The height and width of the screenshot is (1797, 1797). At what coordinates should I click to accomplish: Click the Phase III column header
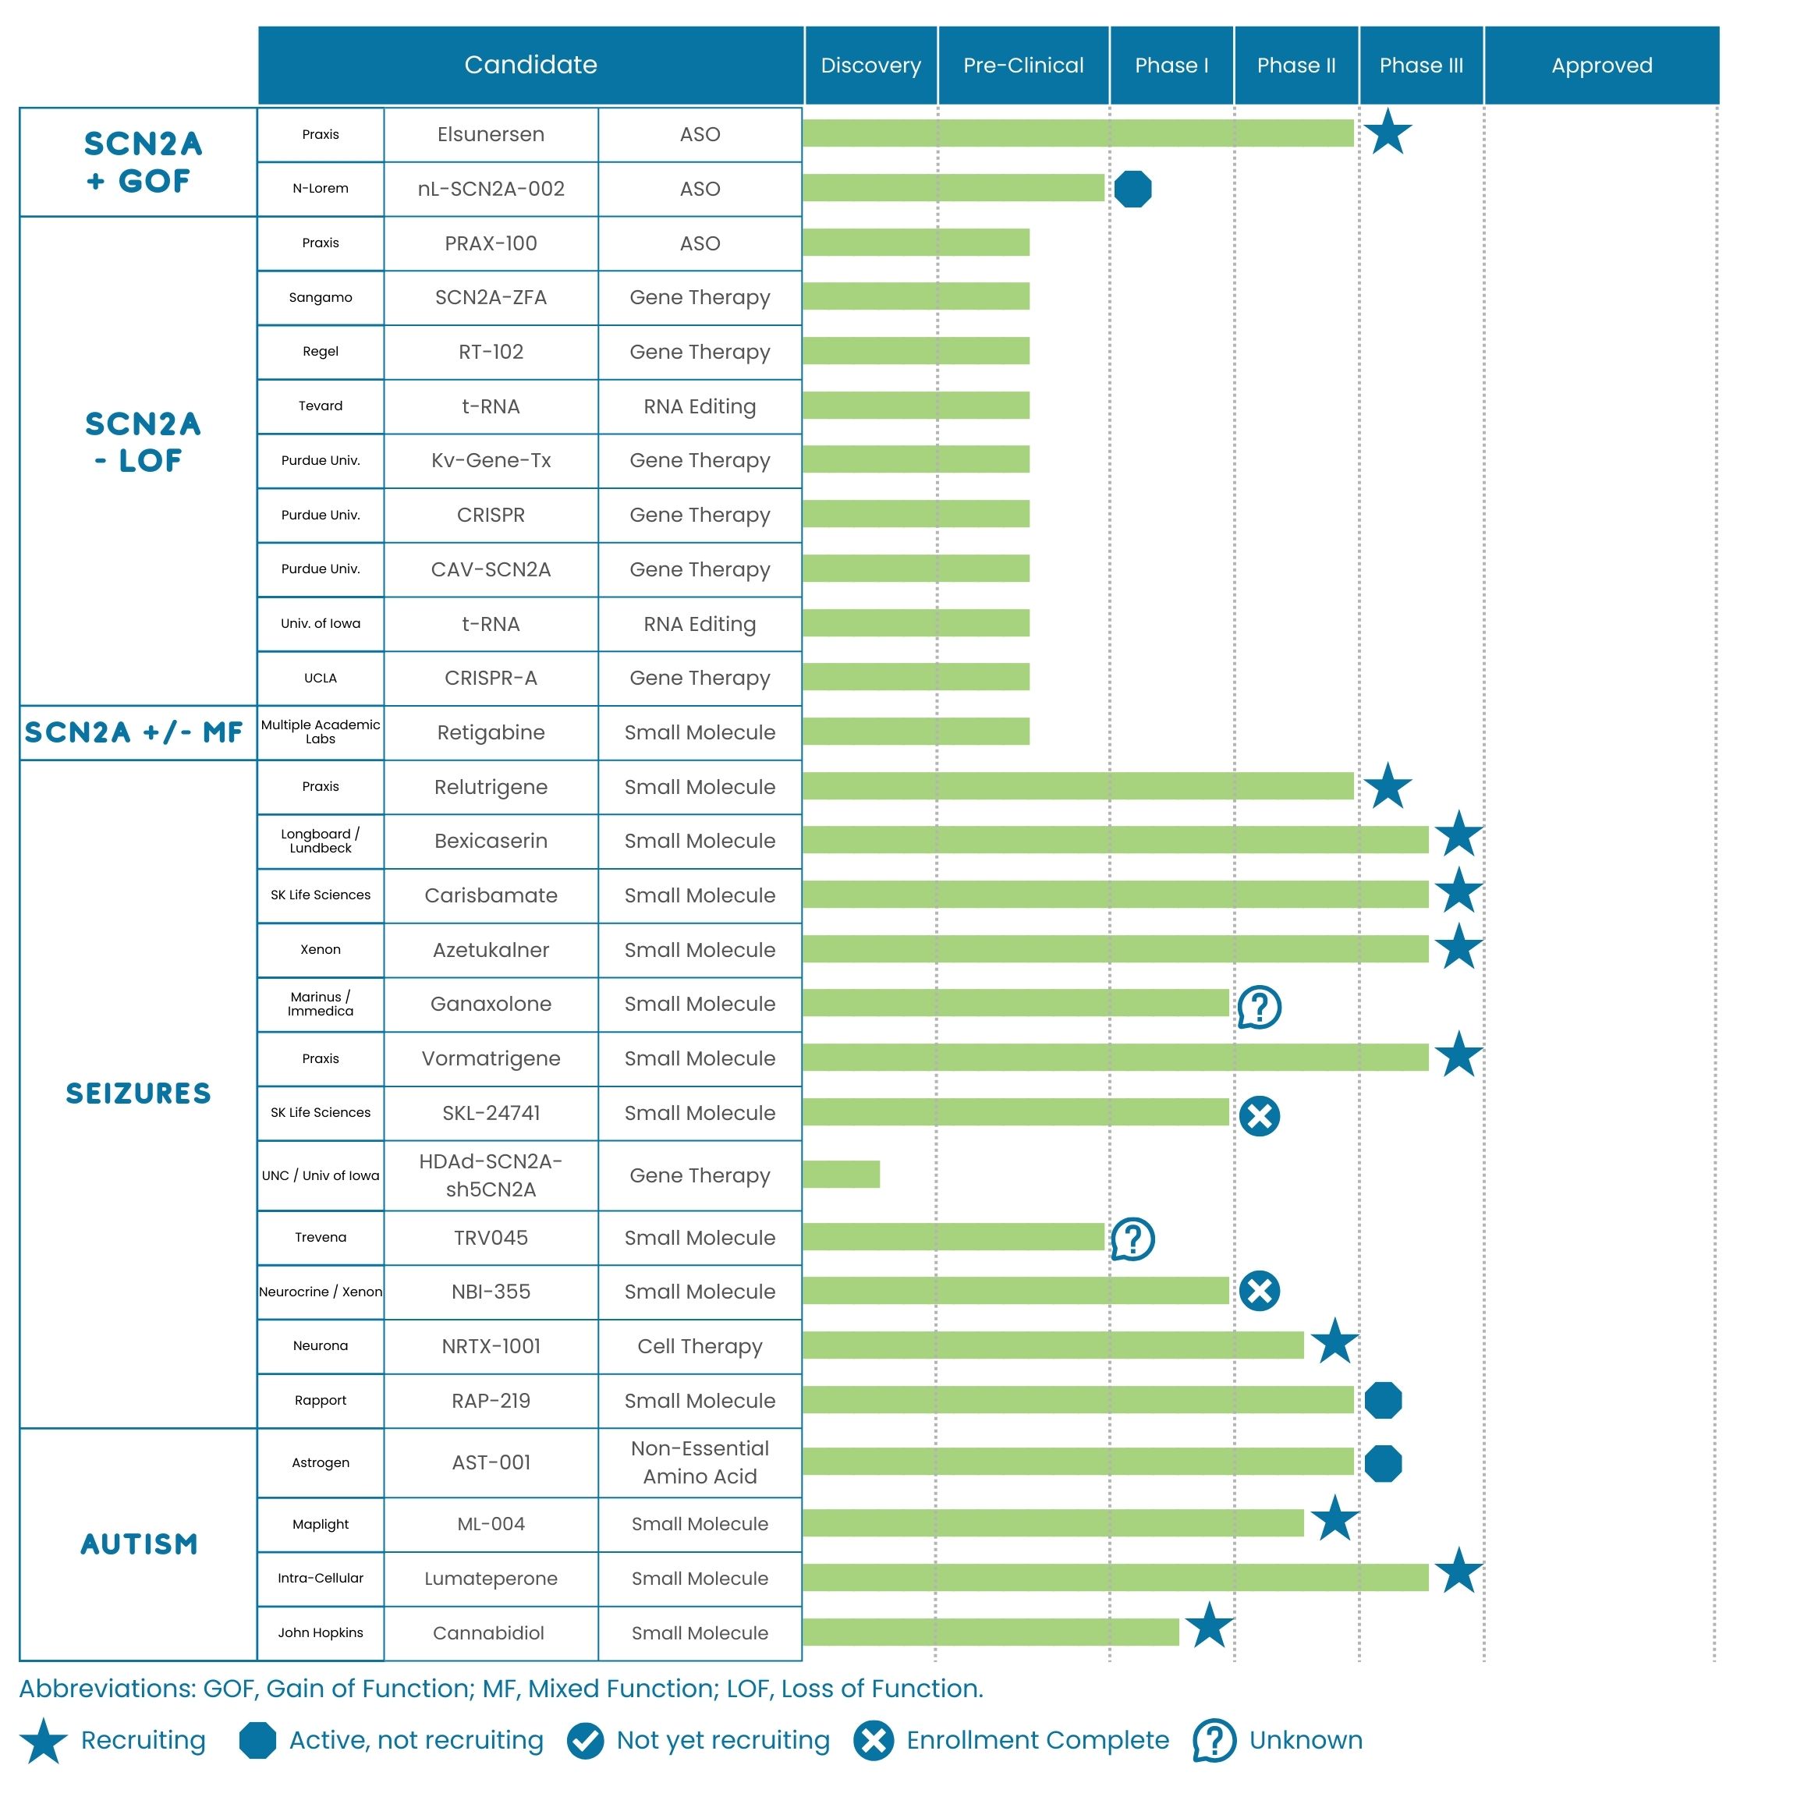coord(1420,65)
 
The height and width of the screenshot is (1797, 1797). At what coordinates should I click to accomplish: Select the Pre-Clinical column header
coord(1023,65)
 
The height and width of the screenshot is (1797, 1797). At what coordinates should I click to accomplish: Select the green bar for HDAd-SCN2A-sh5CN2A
coord(841,1174)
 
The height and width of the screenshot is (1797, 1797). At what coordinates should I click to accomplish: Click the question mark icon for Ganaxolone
coord(1260,1006)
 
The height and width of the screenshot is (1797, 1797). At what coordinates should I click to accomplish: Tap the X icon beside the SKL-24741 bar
coord(1260,1115)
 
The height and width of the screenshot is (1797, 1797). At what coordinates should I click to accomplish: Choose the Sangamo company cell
coord(320,298)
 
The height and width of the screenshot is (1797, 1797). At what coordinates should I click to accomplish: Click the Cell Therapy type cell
coord(700,1346)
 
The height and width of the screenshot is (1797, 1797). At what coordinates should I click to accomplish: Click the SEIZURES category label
coord(139,1093)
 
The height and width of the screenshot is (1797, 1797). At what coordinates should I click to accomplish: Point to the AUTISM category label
coord(139,1544)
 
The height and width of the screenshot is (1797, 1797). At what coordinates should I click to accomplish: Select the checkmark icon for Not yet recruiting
coord(585,1740)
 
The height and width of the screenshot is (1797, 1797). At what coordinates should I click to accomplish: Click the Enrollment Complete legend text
coord(1037,1740)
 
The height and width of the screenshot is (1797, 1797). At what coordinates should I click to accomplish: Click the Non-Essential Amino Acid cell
coord(700,1462)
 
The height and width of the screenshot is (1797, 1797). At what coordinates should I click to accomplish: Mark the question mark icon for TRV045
coord(1133,1238)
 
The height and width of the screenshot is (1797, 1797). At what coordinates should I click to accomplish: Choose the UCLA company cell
coord(320,678)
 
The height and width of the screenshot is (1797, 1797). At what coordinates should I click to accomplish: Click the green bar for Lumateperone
coord(1115,1578)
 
